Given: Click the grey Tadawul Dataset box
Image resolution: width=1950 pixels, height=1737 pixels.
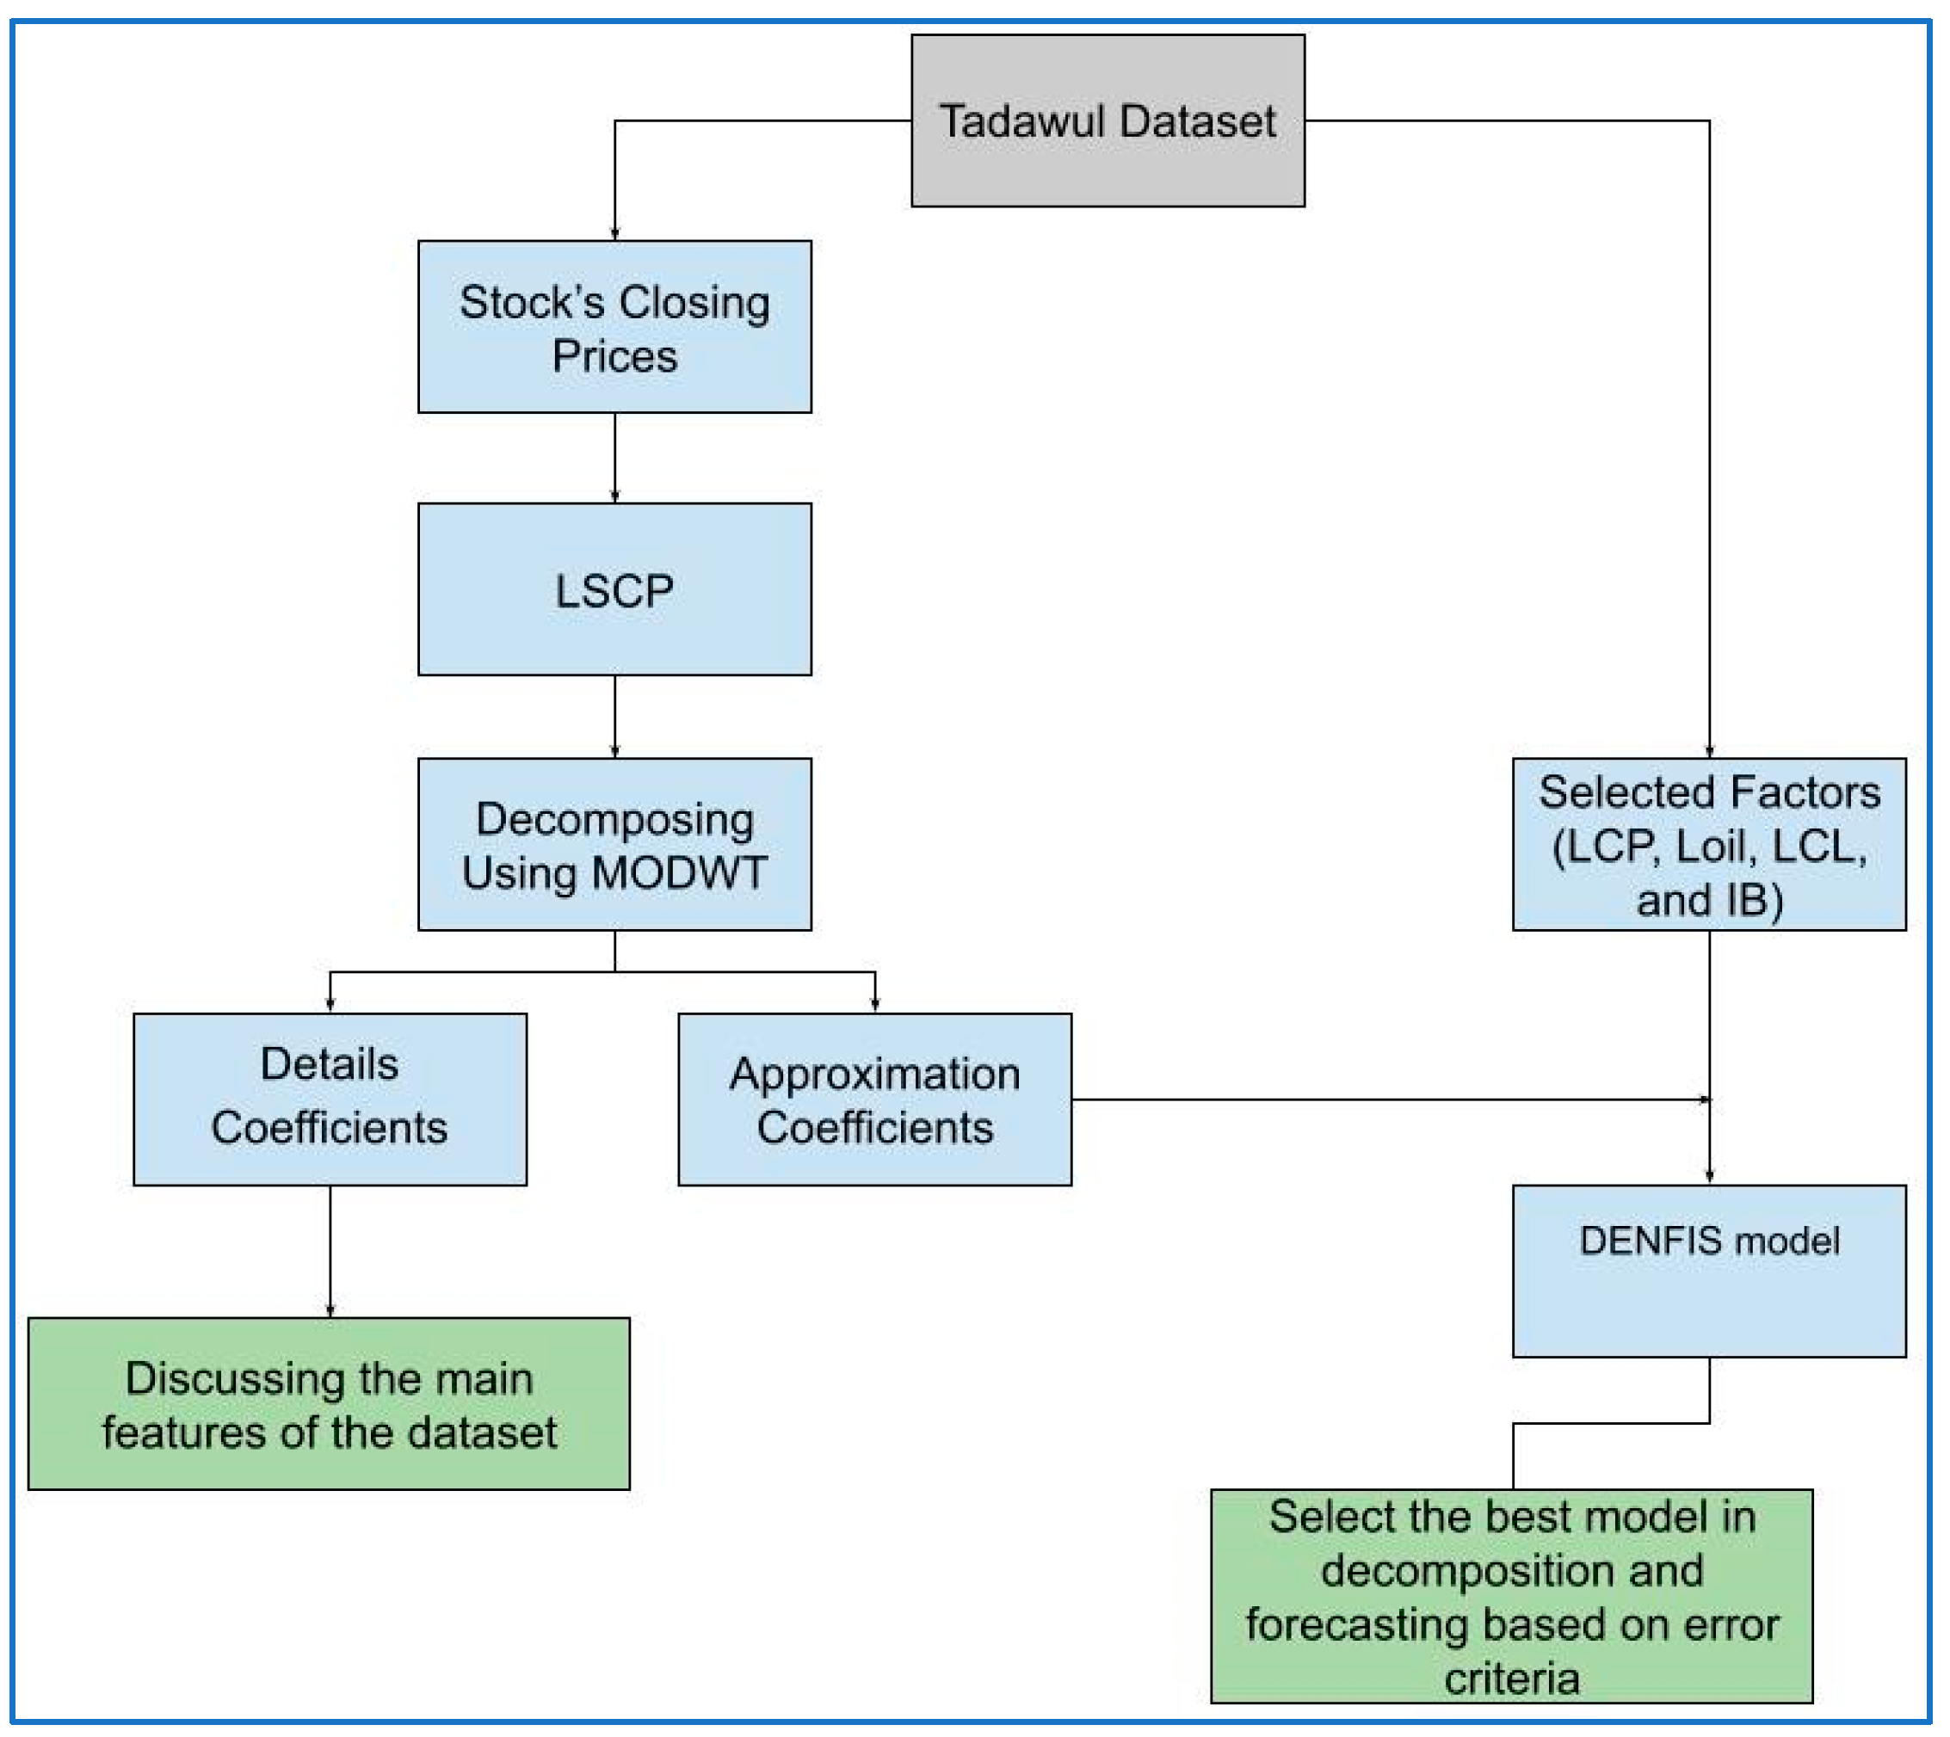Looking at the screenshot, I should click(x=1108, y=120).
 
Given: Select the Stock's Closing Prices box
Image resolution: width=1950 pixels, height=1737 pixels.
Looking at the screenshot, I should click(x=614, y=326).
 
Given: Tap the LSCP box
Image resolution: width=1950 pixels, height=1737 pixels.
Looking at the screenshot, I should click(x=614, y=590).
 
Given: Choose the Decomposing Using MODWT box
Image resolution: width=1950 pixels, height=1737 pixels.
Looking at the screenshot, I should click(x=614, y=844).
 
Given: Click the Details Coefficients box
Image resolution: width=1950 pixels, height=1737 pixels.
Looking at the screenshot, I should click(x=330, y=1099).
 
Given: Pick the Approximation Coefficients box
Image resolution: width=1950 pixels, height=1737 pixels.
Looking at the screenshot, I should click(x=874, y=1099).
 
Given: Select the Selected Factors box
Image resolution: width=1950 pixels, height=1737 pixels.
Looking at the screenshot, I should click(x=1708, y=844).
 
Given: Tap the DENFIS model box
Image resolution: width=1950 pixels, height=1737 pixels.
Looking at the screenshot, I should click(x=1708, y=1272).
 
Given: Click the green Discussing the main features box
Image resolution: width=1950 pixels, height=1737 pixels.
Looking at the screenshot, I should click(x=329, y=1404).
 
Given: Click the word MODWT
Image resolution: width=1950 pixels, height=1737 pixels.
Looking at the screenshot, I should click(x=679, y=872).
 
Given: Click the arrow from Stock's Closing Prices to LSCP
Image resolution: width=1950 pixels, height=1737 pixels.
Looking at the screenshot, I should click(x=614, y=457).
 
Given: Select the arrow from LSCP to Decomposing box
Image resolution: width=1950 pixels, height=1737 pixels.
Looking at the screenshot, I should click(x=614, y=716).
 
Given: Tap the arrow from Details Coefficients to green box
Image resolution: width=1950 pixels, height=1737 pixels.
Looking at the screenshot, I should click(x=330, y=1250).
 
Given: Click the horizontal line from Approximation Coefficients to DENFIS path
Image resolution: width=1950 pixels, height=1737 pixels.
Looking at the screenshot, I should click(x=1384, y=1099).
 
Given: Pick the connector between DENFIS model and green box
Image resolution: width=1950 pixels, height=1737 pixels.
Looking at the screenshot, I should click(x=1611, y=1423).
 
